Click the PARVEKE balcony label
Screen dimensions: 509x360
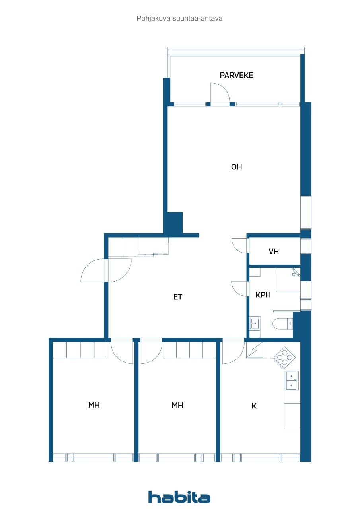pos(236,75)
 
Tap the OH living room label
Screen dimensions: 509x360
pos(236,167)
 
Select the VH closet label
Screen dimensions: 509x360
pos(274,251)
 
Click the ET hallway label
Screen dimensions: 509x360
pos(177,297)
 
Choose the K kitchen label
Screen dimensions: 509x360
pos(254,406)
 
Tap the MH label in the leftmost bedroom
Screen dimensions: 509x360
pos(94,405)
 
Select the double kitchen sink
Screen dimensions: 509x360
pos(292,380)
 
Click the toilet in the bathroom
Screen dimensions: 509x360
pos(283,324)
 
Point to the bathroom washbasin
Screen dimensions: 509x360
pos(255,323)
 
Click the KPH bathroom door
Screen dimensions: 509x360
pos(239,288)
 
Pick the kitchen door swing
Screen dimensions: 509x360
pos(232,353)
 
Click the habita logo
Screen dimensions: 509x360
pos(179,497)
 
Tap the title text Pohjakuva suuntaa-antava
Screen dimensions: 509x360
pos(179,18)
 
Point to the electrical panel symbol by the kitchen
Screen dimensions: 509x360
pos(255,350)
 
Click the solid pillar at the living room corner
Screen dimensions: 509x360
pos(174,223)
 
